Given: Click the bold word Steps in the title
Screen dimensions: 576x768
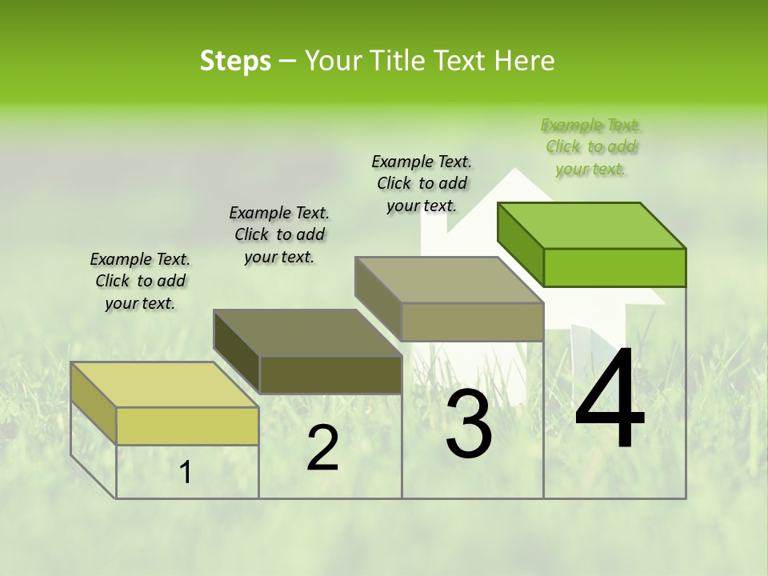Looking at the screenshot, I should [235, 61].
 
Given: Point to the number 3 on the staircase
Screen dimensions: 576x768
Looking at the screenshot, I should [468, 425].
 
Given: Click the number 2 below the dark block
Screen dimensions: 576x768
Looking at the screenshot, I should [323, 448].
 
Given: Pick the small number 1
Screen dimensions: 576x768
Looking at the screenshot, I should [186, 473].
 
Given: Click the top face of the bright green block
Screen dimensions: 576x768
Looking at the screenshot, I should [592, 225].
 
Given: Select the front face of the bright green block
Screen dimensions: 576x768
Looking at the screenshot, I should [614, 267].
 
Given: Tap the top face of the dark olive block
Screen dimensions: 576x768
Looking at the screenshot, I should [307, 332].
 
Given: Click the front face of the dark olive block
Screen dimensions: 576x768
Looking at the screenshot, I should [330, 374].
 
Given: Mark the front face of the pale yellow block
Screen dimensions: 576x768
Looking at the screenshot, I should [187, 426].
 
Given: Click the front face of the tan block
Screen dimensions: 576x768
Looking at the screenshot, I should [472, 322].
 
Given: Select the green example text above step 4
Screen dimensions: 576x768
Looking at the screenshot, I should [591, 147].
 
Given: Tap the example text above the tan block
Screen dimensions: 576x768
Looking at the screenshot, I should [422, 183].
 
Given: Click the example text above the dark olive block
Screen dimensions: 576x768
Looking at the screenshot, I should [279, 234].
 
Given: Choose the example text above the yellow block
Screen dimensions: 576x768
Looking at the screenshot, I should [140, 281].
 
